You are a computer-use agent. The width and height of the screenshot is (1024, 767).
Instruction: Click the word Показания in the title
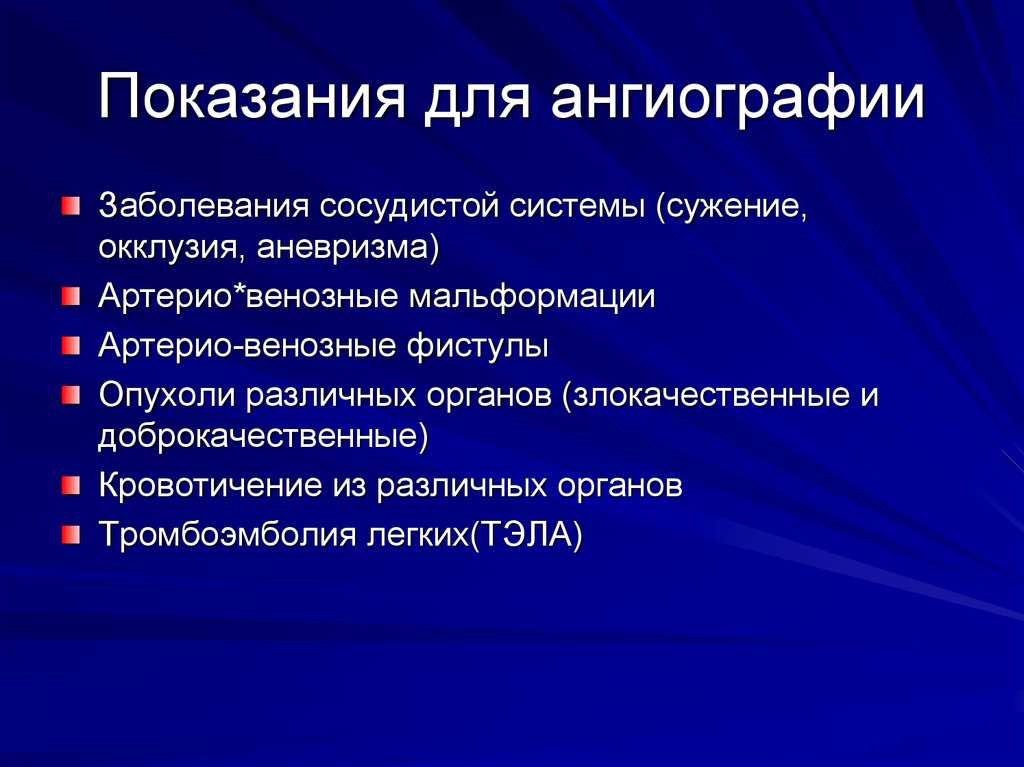[x=251, y=97]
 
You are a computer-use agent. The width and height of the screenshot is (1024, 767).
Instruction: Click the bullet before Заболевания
[x=71, y=206]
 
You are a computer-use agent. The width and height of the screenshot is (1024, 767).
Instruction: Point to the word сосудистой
[x=411, y=207]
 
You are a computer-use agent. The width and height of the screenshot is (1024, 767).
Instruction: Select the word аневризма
[x=342, y=248]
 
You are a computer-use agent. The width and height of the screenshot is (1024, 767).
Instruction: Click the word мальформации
[x=532, y=297]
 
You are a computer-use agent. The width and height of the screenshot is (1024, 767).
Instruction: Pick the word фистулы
[x=477, y=346]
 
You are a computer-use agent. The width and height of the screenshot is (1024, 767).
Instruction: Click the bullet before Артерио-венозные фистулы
[x=71, y=346]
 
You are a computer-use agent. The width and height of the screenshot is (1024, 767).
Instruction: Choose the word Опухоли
[x=167, y=395]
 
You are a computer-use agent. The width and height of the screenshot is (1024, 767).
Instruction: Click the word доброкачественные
[x=259, y=437]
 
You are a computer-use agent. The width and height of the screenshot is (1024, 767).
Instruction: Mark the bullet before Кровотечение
[x=71, y=485]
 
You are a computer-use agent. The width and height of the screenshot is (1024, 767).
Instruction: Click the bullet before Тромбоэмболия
[x=71, y=535]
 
